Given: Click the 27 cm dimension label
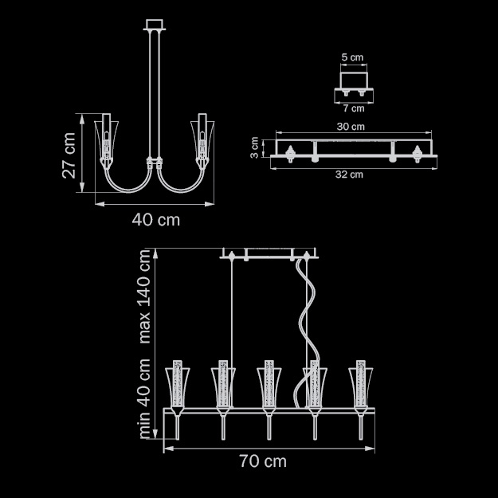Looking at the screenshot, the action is point(69,155).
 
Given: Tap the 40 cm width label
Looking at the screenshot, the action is point(155,220).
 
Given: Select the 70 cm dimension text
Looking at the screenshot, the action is point(263,461).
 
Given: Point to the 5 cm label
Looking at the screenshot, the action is point(352,57).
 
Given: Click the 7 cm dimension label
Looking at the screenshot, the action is point(354,108).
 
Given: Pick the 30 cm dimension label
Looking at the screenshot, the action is point(351,127).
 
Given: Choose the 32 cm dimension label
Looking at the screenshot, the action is point(349,174).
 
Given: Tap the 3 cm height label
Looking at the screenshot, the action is point(255,147).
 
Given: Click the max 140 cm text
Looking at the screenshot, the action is point(144,296).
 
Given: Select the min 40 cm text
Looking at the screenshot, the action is point(144,398).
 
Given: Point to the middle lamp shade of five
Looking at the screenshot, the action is point(269,388).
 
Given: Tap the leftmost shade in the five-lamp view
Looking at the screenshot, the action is point(177,388).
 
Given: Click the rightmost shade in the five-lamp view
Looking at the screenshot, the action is point(361,388).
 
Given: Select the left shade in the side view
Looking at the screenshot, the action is point(107,139).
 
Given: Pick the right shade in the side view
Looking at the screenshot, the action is point(202,139).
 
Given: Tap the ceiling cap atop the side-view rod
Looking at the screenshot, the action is point(155,25).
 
